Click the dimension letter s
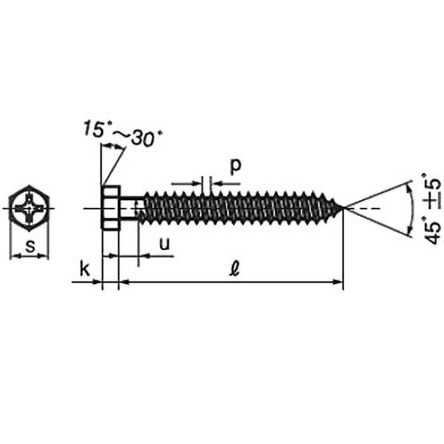pyautogui.click(x=30, y=246)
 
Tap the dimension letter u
pyautogui.click(x=164, y=244)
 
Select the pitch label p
pyautogui.click(x=235, y=167)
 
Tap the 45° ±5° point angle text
pyautogui.click(x=432, y=209)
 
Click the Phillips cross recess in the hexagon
pyautogui.click(x=29, y=208)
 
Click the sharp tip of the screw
pyautogui.click(x=343, y=209)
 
